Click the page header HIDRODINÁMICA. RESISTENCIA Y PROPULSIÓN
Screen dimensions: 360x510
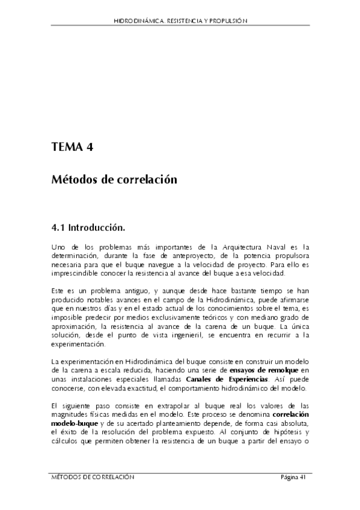180,20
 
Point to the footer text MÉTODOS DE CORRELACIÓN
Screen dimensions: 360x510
92,477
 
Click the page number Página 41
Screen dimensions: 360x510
294,477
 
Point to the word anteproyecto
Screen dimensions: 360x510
197,256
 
